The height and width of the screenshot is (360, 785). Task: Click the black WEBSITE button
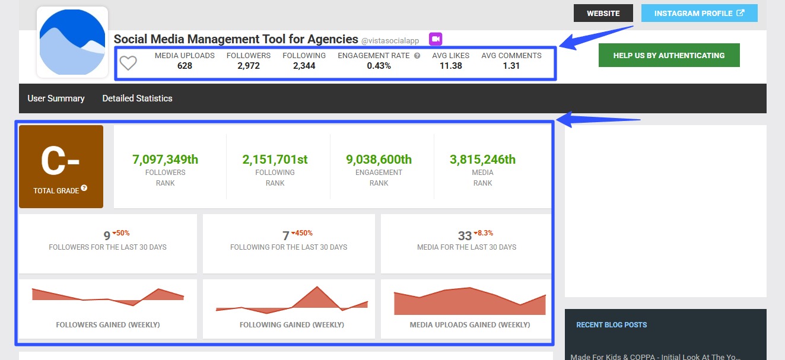pyautogui.click(x=603, y=13)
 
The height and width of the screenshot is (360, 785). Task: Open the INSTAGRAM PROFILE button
pyautogui.click(x=699, y=13)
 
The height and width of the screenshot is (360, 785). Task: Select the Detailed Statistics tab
pyautogui.click(x=137, y=98)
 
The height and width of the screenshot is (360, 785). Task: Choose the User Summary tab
pyautogui.click(x=56, y=98)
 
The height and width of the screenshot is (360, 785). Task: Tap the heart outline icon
pyautogui.click(x=128, y=62)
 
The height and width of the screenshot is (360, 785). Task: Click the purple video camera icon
pyautogui.click(x=436, y=39)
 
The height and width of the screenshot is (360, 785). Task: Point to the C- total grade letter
pyautogui.click(x=61, y=161)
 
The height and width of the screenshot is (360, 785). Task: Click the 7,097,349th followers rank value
pyautogui.click(x=165, y=160)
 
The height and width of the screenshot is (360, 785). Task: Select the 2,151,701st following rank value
pyautogui.click(x=275, y=160)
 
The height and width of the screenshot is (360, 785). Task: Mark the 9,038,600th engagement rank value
pyautogui.click(x=379, y=160)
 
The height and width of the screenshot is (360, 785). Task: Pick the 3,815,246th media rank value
pyautogui.click(x=482, y=160)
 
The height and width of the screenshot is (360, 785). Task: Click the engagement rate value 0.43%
pyautogui.click(x=379, y=66)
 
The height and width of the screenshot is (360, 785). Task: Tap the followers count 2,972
pyautogui.click(x=248, y=66)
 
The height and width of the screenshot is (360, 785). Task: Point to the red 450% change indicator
pyautogui.click(x=302, y=233)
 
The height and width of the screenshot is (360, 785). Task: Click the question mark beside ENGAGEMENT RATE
pyautogui.click(x=417, y=56)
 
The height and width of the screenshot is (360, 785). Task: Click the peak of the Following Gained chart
pyautogui.click(x=317, y=288)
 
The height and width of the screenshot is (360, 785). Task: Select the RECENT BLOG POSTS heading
pyautogui.click(x=611, y=325)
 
